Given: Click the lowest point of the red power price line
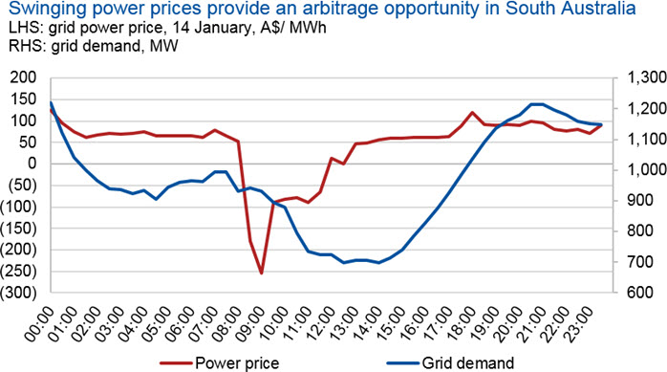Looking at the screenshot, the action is coord(261,273).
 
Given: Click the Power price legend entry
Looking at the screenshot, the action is coord(220,363).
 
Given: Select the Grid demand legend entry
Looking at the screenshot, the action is coord(450,363).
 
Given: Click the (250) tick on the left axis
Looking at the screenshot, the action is coord(19,272).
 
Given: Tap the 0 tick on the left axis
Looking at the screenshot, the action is coord(32,164).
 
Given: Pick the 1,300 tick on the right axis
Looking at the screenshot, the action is coord(647,77).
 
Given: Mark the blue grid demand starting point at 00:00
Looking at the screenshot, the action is coord(51,102).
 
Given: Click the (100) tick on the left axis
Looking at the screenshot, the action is coord(19,207).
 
